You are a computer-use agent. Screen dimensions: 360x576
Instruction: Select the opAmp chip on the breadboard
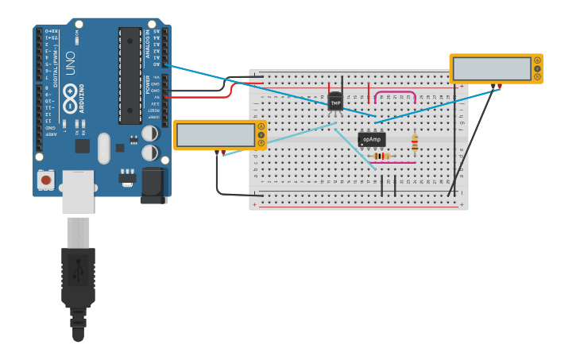click(371, 140)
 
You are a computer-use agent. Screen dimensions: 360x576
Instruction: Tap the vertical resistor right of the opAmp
click(414, 143)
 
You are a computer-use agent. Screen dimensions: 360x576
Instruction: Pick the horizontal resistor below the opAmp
click(382, 156)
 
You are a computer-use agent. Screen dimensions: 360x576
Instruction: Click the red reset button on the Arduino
click(46, 180)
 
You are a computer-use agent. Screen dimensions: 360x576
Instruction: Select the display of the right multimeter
click(490, 69)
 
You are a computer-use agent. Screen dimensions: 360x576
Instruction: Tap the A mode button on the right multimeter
click(537, 60)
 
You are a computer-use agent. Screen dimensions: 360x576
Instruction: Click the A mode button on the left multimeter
click(261, 126)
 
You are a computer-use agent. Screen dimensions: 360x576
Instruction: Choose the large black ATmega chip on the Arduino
click(130, 75)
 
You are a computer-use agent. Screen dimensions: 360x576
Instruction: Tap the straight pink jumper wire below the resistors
click(392, 163)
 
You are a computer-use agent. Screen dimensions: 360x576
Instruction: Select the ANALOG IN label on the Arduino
click(147, 45)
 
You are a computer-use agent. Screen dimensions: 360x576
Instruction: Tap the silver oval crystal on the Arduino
click(103, 149)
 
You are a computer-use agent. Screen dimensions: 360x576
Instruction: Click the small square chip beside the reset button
click(82, 146)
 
